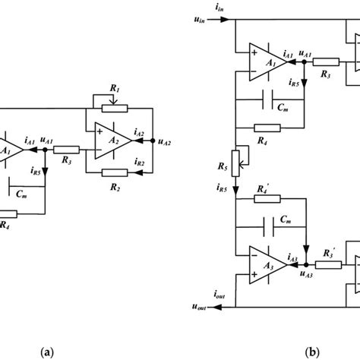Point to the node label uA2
[x=163, y=141]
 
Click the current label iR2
[x=139, y=163]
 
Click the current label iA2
[x=139, y=132]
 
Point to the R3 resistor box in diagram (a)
[x=68, y=150]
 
